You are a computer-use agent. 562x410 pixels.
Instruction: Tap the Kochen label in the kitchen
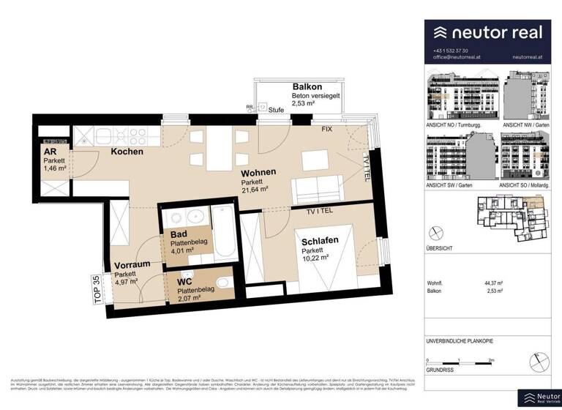pos(127,152)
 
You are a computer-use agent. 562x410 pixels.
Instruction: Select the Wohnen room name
pos(259,172)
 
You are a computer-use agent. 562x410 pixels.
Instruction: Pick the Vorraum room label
pos(131,266)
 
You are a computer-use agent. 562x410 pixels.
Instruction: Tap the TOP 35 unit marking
pos(97,288)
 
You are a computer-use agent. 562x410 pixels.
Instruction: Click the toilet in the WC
pos(224,285)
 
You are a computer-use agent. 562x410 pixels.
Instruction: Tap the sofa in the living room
pos(316,190)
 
